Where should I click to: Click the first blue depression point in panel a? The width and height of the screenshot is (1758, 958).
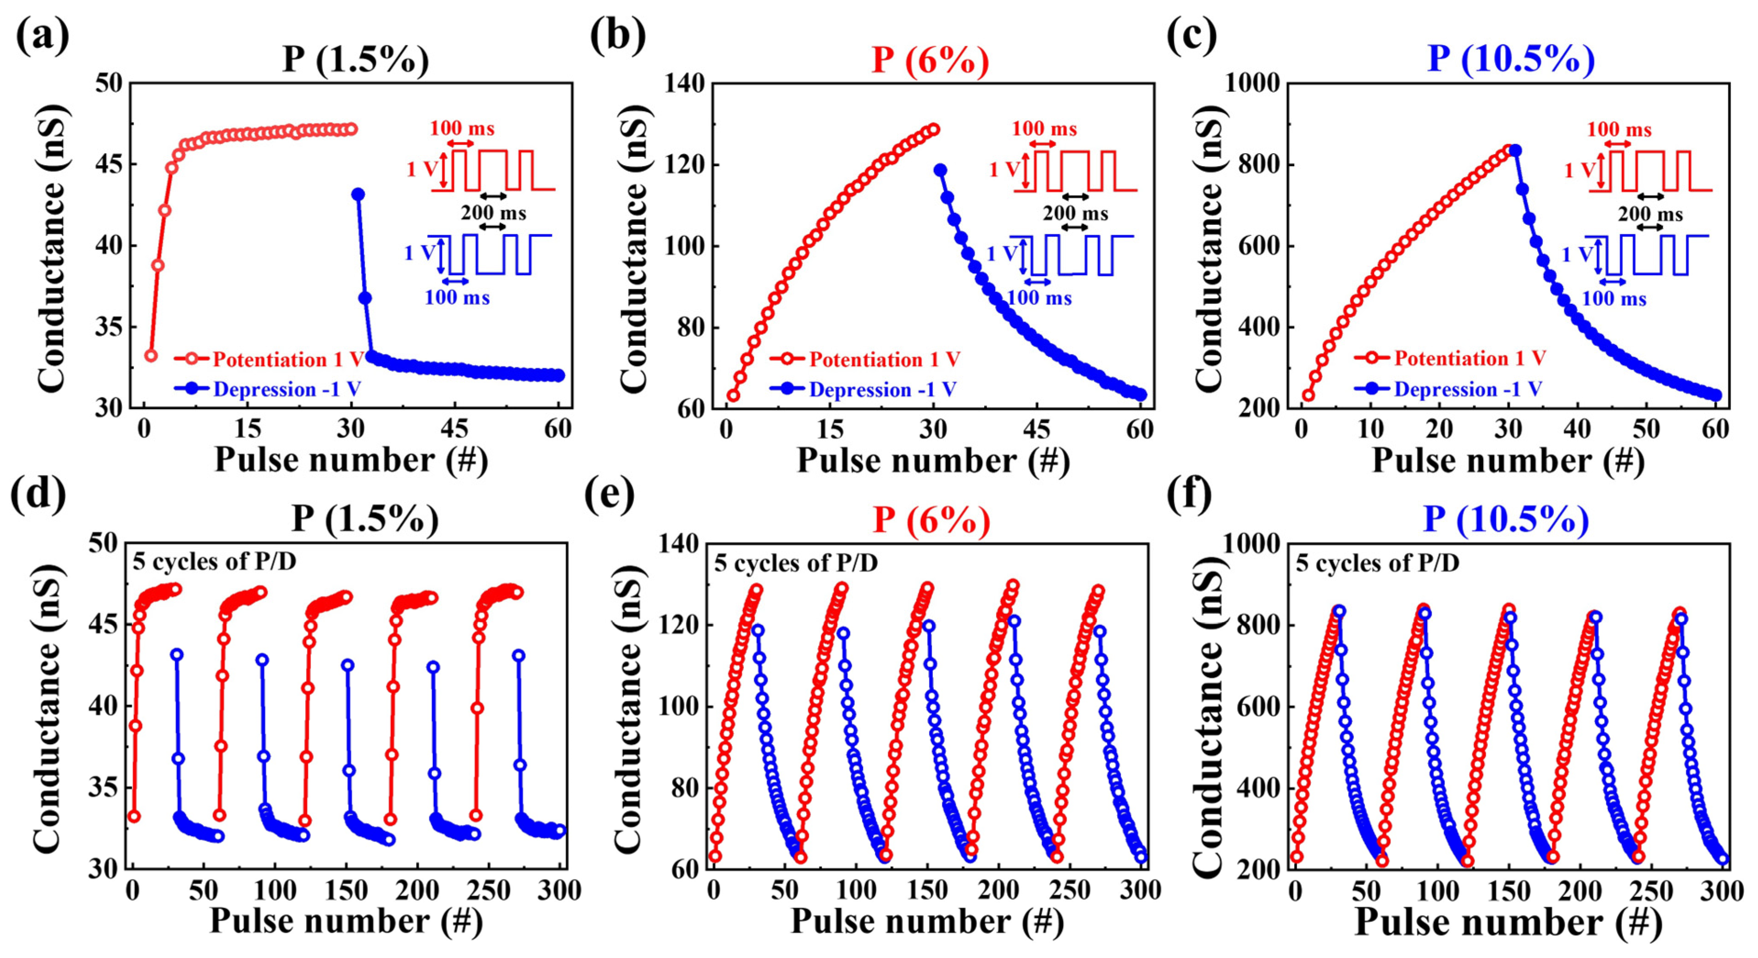click(358, 195)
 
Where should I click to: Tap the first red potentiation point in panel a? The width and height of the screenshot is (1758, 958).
click(151, 356)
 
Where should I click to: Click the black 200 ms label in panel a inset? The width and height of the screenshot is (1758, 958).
click(494, 213)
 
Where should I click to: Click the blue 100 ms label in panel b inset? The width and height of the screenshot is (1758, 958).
click(1039, 298)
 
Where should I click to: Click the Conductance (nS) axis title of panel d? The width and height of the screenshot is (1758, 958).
click(48, 707)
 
